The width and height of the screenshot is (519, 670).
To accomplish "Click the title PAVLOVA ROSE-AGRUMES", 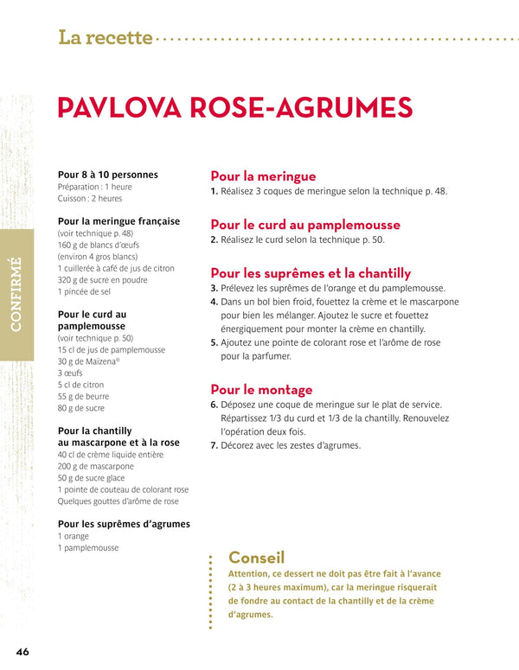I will coord(234,107).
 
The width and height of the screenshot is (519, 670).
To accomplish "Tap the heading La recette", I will coord(106,37).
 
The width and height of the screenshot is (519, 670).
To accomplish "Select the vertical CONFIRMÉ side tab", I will coord(16,294).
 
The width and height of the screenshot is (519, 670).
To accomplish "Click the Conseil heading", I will coord(256,558).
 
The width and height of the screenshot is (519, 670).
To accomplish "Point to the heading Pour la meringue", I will coord(263,175).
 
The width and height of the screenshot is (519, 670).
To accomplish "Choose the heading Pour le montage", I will coord(261,389).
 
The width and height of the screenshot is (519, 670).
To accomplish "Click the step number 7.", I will coord(215,446).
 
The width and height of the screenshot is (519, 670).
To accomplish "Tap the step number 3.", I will coord(215,288).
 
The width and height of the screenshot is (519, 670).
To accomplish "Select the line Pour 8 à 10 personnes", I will coord(107,175).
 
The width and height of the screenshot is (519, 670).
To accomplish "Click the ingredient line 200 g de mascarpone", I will coord(96,466).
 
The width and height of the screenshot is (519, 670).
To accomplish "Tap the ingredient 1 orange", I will coord(74,536).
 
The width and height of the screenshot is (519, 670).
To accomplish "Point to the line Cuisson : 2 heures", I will coord(90,199).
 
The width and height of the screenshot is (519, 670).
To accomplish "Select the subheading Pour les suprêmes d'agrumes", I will coord(124,524).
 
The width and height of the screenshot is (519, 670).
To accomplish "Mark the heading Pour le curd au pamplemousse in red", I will coord(305,225).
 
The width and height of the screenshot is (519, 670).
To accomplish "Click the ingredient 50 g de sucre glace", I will coord(92,478).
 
